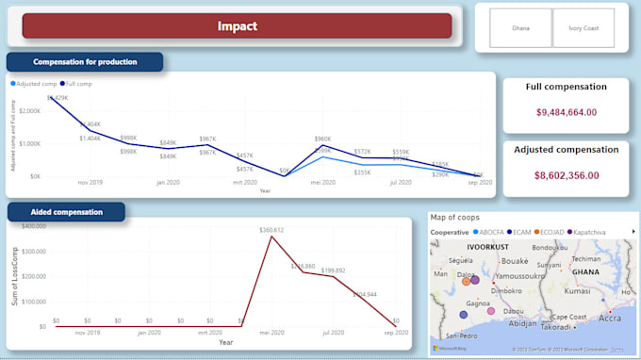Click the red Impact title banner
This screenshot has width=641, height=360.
[x=237, y=26]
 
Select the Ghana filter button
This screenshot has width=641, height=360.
[x=520, y=28]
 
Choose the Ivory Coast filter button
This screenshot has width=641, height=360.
[x=583, y=28]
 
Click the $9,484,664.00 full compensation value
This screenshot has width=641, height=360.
[x=566, y=112]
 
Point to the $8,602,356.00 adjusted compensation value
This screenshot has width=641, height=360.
[x=566, y=175]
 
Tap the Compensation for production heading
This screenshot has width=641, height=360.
[x=85, y=62]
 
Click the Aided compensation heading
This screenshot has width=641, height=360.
[x=67, y=211]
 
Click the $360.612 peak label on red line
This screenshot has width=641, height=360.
[x=271, y=230]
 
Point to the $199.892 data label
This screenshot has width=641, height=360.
[x=334, y=270]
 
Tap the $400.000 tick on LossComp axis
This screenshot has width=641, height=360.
[x=32, y=226]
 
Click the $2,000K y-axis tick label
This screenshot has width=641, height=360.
[x=28, y=111]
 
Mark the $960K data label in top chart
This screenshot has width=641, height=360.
[x=322, y=139]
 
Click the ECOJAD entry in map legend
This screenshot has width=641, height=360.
[x=547, y=231]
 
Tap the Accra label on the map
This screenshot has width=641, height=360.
[x=610, y=319]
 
